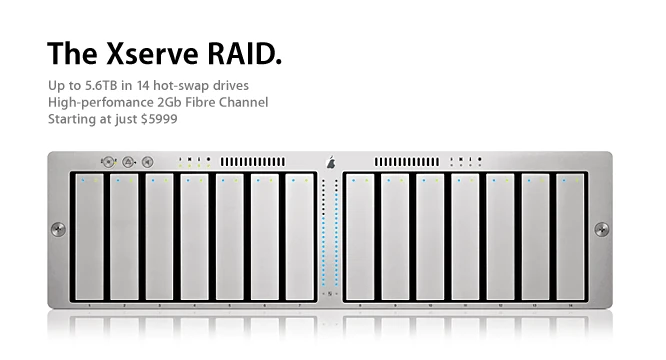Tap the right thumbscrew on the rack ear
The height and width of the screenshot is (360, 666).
[x=601, y=229]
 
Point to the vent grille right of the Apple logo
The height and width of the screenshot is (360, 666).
[x=408, y=160]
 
